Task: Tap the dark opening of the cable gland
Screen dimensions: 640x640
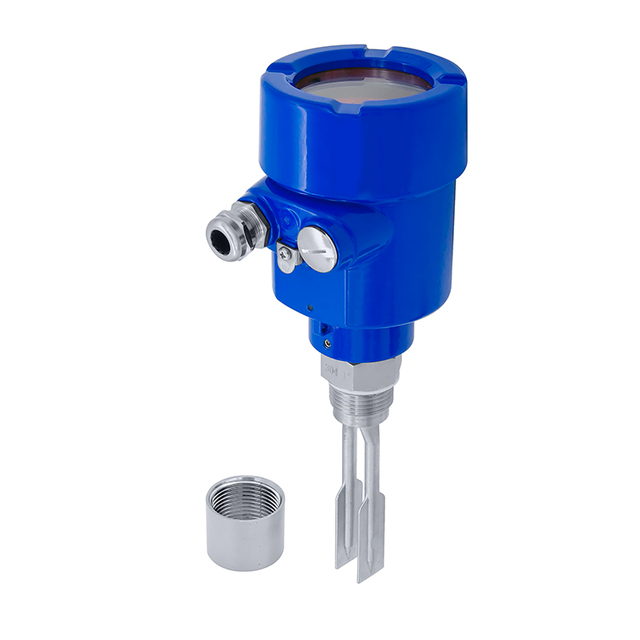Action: point(221,237)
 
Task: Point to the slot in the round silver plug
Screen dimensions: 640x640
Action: point(318,247)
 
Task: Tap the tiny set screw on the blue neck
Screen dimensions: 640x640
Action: point(326,342)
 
